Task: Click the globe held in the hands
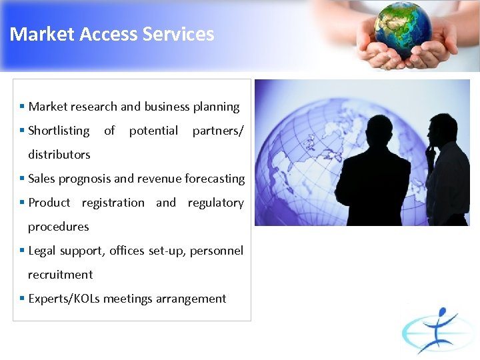[x=402, y=29]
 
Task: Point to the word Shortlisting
[x=59, y=131]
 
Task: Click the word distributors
[x=59, y=155]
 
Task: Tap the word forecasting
[x=215, y=179]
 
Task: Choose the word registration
[x=113, y=203]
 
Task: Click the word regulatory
[x=215, y=203]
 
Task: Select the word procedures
[x=58, y=227]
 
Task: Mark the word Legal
[x=43, y=251]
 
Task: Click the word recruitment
[x=60, y=275]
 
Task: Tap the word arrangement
[x=191, y=299]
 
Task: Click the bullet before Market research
[x=22, y=107]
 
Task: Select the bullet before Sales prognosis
[x=22, y=179]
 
